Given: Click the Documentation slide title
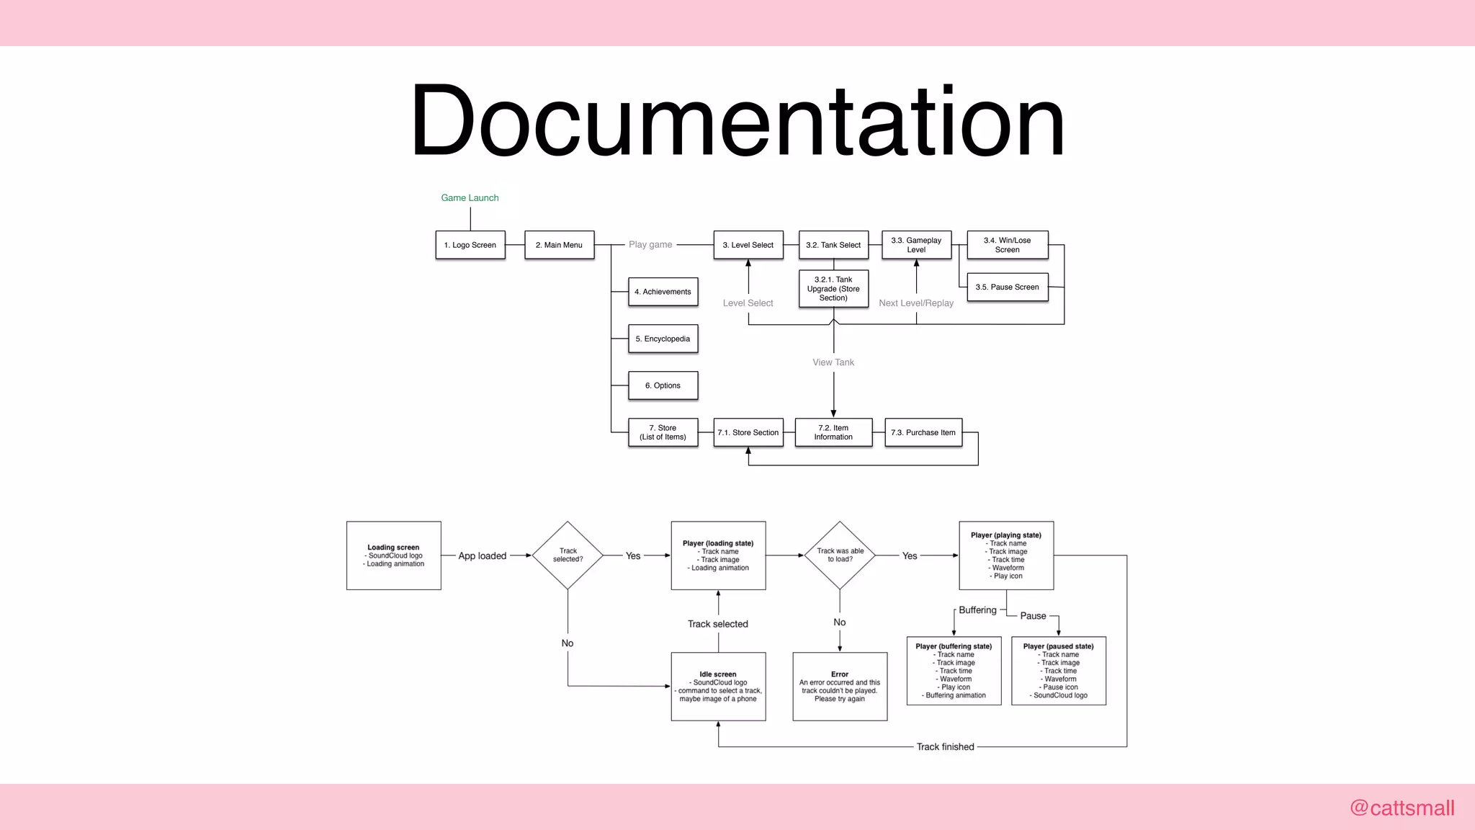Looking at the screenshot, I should [737, 121].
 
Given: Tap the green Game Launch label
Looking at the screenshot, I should [470, 197].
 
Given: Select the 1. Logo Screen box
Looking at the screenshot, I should [470, 245].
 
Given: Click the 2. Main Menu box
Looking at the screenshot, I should [560, 245].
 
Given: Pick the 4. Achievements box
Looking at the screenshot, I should [663, 292].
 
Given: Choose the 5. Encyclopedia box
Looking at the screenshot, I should [663, 339].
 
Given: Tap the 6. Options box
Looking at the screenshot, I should [663, 385].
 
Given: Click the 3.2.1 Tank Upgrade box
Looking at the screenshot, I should [833, 289].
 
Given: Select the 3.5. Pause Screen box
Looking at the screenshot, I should [1007, 287].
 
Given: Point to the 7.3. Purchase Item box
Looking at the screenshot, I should [923, 432].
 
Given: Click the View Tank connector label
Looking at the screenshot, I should [833, 362].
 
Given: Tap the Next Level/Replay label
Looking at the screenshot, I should [916, 303].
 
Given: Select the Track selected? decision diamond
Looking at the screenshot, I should [568, 555].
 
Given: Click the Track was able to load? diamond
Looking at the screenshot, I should [840, 555].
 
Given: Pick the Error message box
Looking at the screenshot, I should [840, 686].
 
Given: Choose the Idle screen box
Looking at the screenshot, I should [718, 686].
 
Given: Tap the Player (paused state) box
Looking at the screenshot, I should [1059, 671].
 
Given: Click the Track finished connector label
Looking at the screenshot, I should [945, 747].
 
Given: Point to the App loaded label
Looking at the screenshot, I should [483, 556].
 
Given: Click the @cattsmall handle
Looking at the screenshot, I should [1402, 808].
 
